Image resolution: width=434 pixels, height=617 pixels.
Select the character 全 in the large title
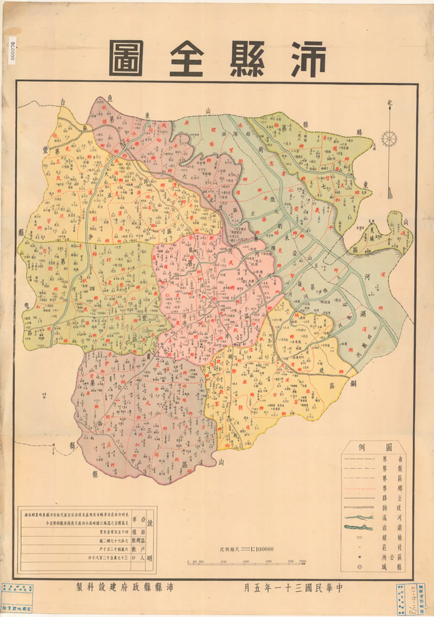click(x=186, y=59)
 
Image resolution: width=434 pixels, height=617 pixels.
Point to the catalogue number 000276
click(x=11, y=52)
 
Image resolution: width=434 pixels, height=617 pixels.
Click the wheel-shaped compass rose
click(x=389, y=138)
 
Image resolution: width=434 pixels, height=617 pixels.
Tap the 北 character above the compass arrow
click(x=389, y=104)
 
